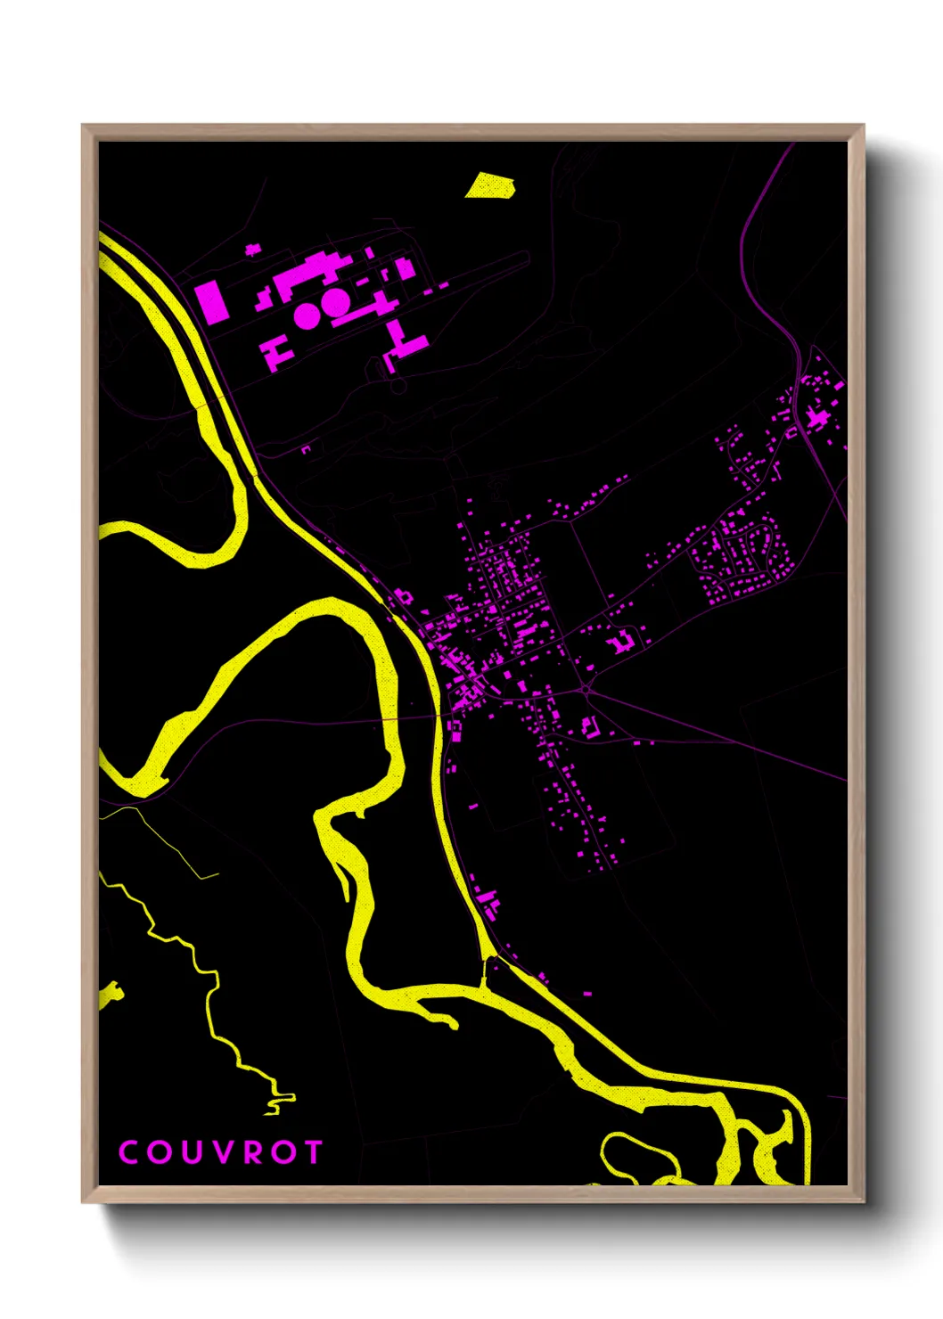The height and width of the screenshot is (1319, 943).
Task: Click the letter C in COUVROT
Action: pyautogui.click(x=128, y=1152)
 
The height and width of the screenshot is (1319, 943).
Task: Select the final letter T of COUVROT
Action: pyautogui.click(x=313, y=1152)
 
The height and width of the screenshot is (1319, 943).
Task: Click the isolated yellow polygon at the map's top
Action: pyautogui.click(x=489, y=185)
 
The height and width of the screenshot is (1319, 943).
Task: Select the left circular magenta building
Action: pyautogui.click(x=307, y=315)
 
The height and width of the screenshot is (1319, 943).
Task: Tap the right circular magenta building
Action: pyautogui.click(x=335, y=302)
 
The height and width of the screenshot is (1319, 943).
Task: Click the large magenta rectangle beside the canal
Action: pyautogui.click(x=211, y=301)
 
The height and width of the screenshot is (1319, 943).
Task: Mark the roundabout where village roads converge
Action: pyautogui.click(x=586, y=689)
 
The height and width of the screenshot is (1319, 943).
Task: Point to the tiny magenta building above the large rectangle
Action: pyautogui.click(x=253, y=250)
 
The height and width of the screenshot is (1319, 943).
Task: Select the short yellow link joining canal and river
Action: pyautogui.click(x=486, y=971)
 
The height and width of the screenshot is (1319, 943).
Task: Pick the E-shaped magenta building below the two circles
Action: pyautogui.click(x=278, y=351)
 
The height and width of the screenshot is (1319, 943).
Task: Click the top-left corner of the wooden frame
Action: pyautogui.click(x=83, y=126)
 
